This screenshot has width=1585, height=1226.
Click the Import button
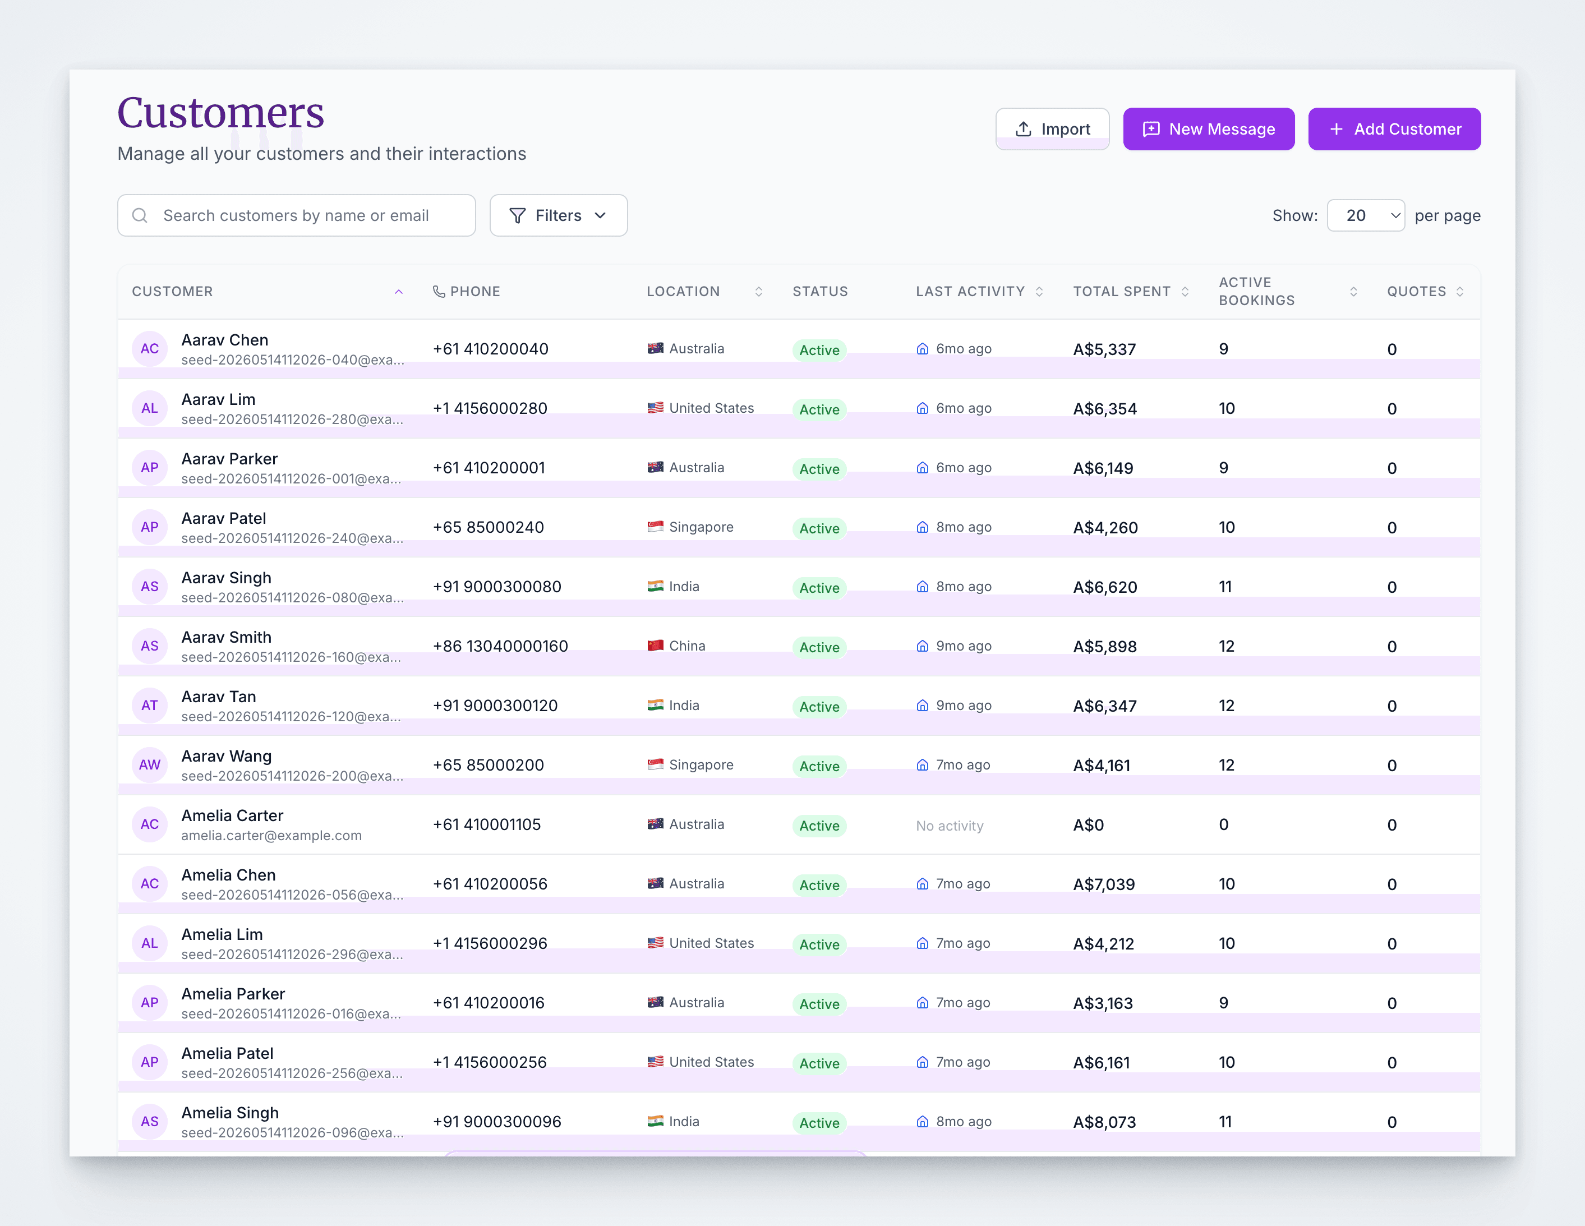coord(1052,129)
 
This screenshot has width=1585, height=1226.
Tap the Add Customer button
coord(1394,129)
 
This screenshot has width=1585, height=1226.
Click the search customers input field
coord(297,215)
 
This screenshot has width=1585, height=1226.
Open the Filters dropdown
coord(558,215)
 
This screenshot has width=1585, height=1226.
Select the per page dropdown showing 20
coord(1366,215)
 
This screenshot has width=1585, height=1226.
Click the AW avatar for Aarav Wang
coord(150,765)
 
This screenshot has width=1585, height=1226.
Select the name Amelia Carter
coord(232,816)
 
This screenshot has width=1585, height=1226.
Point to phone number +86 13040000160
coord(500,646)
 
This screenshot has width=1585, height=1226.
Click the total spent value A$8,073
coord(1104,1122)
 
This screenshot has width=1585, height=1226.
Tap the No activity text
coord(949,826)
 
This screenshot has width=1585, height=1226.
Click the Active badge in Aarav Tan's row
coord(819,707)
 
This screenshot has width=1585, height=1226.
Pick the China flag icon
coord(655,646)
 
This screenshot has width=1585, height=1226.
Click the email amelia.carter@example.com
coord(271,836)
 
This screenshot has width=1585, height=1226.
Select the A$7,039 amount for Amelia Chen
coord(1104,884)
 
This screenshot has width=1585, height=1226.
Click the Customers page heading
coord(220,113)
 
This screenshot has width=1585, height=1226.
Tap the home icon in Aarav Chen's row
coord(923,349)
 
